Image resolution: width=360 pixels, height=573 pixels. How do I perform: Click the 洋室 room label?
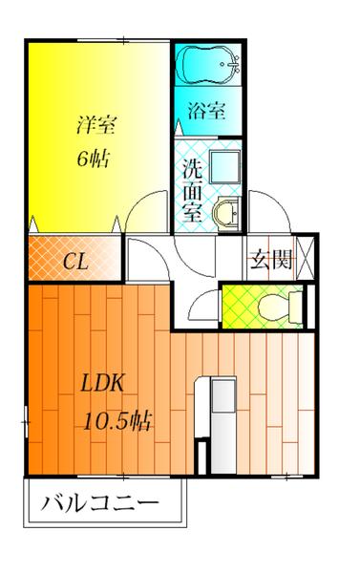(96, 125)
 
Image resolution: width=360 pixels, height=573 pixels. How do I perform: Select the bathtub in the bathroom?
(207, 65)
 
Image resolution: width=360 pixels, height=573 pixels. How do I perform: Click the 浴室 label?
(207, 110)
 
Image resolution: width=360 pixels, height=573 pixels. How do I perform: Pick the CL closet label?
(74, 262)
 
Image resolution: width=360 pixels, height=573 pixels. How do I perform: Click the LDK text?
(101, 384)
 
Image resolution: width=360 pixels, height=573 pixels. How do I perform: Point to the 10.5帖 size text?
(117, 421)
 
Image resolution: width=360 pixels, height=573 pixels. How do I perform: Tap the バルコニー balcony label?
(99, 504)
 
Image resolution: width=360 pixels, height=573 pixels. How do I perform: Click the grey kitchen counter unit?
(223, 426)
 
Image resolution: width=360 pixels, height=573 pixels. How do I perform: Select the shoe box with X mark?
(305, 258)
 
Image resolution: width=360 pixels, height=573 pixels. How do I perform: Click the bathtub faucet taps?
(232, 64)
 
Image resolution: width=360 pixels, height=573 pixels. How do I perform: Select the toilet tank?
(296, 307)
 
